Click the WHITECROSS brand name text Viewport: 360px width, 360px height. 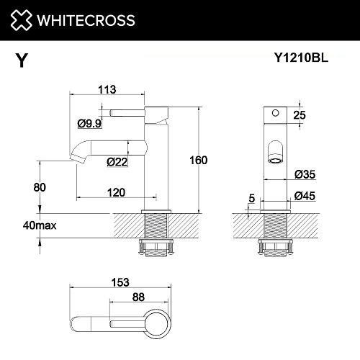click(x=86, y=20)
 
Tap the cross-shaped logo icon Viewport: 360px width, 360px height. click(x=21, y=20)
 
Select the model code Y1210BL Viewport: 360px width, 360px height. click(x=301, y=58)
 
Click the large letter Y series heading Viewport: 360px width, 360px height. click(x=22, y=60)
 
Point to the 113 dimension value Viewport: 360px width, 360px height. click(x=107, y=90)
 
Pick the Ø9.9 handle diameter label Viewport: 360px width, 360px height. click(x=89, y=124)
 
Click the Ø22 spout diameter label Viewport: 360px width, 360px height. click(x=117, y=162)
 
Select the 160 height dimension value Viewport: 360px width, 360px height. click(x=199, y=160)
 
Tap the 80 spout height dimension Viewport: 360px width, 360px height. click(x=40, y=187)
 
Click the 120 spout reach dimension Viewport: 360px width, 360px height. click(x=116, y=192)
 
